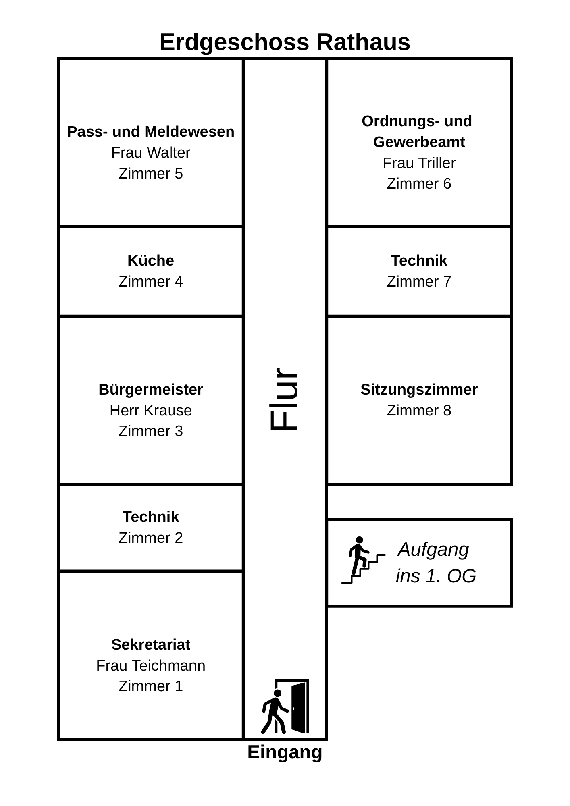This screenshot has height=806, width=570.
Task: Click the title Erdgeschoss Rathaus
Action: tap(285, 42)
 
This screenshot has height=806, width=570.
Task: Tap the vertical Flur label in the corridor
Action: tap(284, 399)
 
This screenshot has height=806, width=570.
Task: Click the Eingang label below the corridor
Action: tap(285, 752)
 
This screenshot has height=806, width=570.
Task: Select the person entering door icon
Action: tap(285, 706)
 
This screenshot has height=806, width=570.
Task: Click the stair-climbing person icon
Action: tap(363, 560)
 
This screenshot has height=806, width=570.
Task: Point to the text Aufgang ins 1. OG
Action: tap(435, 563)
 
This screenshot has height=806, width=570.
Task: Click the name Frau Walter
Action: tap(151, 153)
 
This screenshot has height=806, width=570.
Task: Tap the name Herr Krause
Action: tap(151, 411)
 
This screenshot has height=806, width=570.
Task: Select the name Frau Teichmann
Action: tap(151, 665)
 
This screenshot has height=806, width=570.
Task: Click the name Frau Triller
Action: tap(419, 163)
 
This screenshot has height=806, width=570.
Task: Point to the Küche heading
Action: tap(151, 261)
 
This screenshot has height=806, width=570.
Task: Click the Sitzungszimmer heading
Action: tap(419, 390)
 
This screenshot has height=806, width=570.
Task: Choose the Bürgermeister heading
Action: tap(151, 390)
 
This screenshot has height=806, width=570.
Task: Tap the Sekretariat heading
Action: tap(151, 644)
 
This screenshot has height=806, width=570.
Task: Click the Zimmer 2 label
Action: tap(151, 538)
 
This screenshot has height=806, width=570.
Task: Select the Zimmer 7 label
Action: tap(419, 282)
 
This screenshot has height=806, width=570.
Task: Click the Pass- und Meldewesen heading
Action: tap(151, 132)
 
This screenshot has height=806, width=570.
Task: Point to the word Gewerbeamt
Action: tap(419, 142)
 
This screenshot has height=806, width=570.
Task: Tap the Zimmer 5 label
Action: tap(151, 174)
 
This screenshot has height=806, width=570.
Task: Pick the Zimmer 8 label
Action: tap(419, 411)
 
